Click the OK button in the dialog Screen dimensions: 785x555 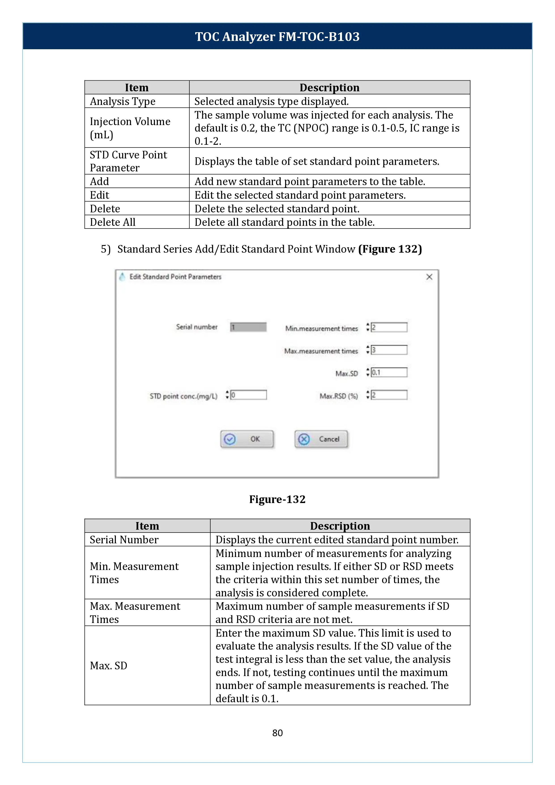tap(247, 439)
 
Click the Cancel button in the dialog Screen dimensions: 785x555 tap(321, 439)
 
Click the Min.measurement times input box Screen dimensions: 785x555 tap(389, 328)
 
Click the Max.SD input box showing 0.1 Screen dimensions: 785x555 tap(389, 372)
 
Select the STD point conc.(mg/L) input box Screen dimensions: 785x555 tap(249, 395)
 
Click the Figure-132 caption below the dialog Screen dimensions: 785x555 tap(277, 499)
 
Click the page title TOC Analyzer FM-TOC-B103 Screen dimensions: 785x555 tap(277, 36)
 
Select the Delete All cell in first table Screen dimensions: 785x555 tap(113, 222)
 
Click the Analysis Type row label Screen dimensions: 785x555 tap(123, 102)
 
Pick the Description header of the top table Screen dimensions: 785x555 tap(330, 87)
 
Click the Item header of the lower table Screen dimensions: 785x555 tap(147, 526)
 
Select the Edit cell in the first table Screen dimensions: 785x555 tap(100, 195)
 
